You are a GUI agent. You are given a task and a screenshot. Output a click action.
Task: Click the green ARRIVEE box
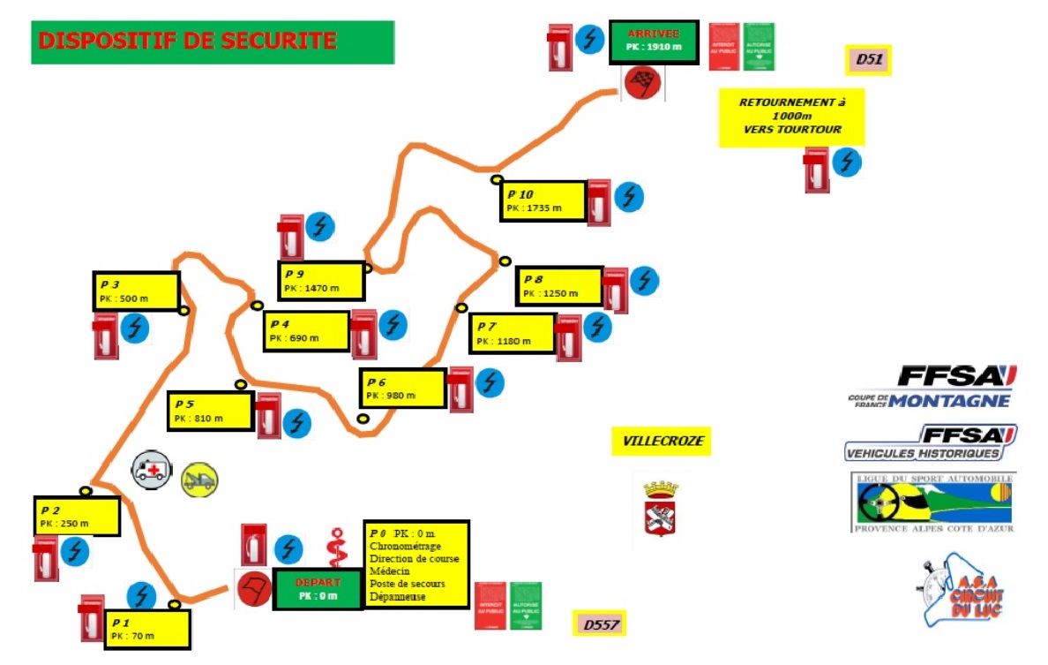654,42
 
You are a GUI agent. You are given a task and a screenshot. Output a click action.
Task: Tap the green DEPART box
318,589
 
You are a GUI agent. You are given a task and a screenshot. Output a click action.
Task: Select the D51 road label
869,60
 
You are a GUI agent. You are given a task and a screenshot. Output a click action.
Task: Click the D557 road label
599,624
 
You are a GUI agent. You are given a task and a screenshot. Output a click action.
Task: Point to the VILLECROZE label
661,441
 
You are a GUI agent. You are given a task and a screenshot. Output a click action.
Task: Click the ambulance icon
153,469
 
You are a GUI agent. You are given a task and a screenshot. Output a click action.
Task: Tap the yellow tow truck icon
199,479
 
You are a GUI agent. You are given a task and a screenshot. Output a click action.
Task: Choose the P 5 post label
210,411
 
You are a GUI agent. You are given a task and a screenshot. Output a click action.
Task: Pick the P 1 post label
147,629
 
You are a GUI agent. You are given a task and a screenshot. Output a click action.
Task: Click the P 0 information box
415,564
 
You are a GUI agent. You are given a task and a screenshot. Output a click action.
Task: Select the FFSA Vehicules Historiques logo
931,442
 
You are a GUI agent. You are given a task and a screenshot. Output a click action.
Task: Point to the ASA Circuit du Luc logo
963,592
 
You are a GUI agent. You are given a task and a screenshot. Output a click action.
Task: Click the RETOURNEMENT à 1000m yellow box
791,116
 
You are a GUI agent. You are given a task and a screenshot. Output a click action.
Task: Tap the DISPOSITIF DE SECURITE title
212,42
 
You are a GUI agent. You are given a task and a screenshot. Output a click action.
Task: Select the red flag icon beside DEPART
254,589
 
